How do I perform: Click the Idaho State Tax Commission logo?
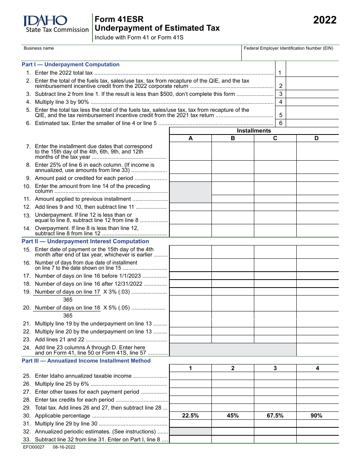point(55,24)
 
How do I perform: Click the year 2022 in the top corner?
point(324,20)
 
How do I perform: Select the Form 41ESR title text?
point(119,19)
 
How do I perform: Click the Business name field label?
point(39,48)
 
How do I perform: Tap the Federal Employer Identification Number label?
point(288,48)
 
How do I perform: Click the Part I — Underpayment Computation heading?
point(70,64)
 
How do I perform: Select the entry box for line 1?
point(312,73)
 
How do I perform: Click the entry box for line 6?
point(312,123)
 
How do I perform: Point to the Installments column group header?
point(254,131)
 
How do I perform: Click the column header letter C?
point(275,138)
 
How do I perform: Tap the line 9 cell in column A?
point(190,178)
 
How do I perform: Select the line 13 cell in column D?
point(317,217)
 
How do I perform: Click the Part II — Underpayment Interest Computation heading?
point(85,241)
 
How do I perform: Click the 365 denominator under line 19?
point(68,300)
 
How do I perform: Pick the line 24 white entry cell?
point(317,350)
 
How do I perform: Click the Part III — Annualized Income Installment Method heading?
point(86,361)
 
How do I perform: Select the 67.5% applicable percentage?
point(275,416)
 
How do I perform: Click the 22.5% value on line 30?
point(190,416)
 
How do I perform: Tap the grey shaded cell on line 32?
point(190,432)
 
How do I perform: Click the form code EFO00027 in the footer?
point(34,447)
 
